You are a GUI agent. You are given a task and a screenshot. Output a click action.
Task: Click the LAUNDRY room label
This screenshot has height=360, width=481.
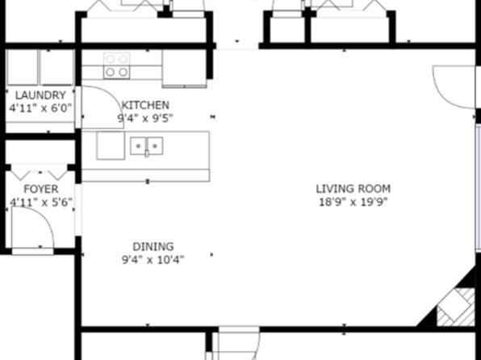[x=40, y=95]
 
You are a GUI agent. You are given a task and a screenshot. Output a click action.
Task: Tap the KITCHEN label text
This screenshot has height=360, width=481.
[x=145, y=105]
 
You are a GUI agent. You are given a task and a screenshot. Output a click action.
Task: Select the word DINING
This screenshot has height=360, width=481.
[x=153, y=247]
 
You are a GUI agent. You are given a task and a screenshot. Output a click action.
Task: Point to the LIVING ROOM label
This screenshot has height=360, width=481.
[x=353, y=188]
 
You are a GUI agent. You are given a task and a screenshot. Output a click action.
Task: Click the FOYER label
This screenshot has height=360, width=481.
[x=41, y=189]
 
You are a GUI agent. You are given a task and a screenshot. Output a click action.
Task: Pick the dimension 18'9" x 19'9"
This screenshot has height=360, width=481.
[x=353, y=202]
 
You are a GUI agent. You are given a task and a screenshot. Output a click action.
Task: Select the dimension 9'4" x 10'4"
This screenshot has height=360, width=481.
[x=153, y=260]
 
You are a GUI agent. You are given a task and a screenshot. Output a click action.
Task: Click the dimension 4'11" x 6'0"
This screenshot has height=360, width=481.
[x=40, y=108]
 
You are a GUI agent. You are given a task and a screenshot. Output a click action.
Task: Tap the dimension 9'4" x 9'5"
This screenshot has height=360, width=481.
[x=145, y=118]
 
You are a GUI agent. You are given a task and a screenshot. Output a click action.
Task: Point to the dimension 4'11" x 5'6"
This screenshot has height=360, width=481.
[x=41, y=203]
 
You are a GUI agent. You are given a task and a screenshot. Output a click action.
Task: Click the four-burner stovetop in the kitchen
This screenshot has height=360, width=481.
[x=116, y=65]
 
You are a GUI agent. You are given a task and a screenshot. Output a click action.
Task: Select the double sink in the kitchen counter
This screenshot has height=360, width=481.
[x=147, y=146]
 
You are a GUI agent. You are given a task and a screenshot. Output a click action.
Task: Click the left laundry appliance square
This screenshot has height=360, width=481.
[x=22, y=68]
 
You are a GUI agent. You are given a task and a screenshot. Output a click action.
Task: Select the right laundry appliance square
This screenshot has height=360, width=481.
[x=57, y=68]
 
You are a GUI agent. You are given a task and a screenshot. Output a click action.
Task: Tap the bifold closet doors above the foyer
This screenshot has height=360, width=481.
[x=40, y=174]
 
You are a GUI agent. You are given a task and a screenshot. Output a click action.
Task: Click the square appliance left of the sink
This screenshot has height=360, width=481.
[x=111, y=145]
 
